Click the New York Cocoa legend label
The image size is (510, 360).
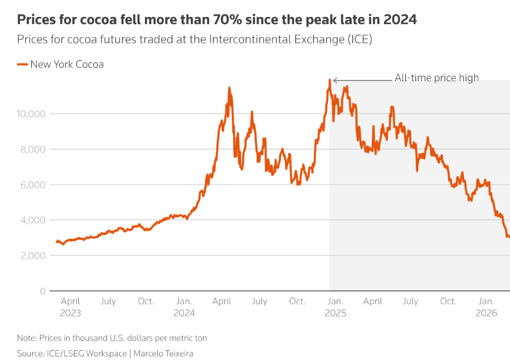coord(67,65)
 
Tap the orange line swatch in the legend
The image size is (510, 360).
coord(23,65)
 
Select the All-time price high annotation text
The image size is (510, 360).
coord(437,78)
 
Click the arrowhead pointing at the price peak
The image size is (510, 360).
coord(335,80)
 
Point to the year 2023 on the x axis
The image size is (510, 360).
coord(70,313)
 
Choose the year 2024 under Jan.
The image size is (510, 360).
coord(184,313)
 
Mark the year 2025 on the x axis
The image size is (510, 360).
coord(335,313)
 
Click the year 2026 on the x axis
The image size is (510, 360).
coord(486,313)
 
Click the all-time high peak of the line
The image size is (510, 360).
coord(329,80)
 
